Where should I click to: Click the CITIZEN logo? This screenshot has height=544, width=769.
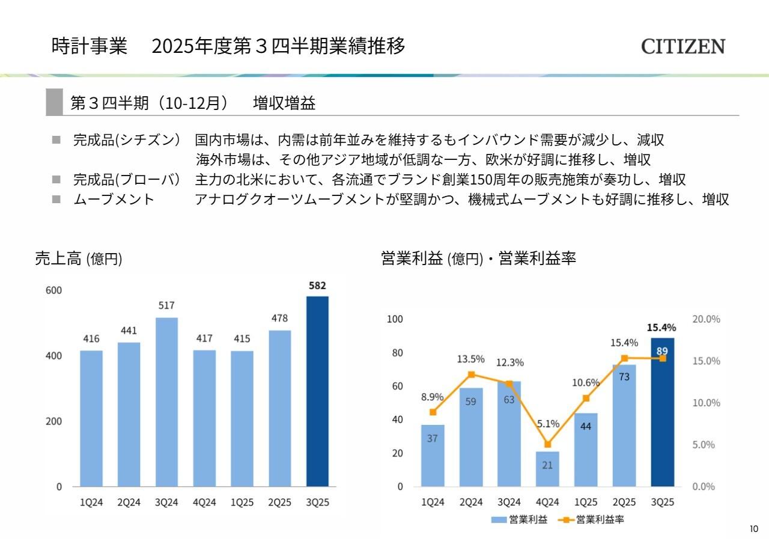point(683,46)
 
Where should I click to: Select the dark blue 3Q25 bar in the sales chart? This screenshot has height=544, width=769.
point(317,391)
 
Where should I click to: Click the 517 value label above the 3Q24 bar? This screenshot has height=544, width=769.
point(166,305)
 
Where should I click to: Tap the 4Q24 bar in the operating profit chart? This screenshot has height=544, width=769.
point(547,469)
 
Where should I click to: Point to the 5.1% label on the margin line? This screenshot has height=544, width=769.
point(548,424)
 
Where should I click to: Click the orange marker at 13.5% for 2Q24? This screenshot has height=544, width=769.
point(471,374)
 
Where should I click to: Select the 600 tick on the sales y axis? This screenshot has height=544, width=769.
point(53,290)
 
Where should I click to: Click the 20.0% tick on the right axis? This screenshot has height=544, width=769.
point(706,319)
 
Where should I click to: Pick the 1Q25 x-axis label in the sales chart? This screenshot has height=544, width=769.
point(242,503)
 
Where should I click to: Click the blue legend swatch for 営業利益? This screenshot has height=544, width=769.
point(499,520)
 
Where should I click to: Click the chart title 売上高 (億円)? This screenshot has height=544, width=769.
point(78,258)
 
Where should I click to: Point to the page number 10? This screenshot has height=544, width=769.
point(754,529)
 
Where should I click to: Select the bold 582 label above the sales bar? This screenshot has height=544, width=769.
point(317,286)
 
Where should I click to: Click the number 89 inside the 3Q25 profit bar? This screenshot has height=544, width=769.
point(662,352)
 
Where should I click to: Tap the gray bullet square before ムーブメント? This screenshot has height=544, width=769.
point(56,199)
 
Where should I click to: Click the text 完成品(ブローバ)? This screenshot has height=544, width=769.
point(127,179)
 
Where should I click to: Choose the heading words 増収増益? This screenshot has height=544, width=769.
point(284,103)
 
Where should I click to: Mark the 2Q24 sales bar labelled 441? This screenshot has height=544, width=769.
point(129,415)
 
